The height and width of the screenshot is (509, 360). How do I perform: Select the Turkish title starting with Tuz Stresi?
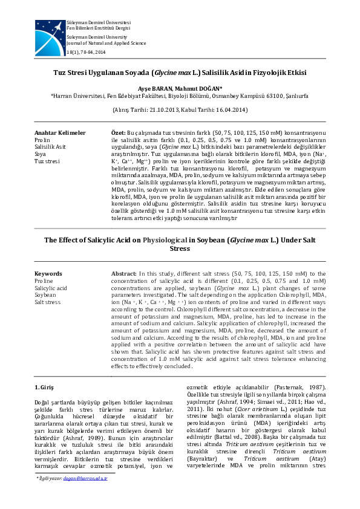(x=180, y=73)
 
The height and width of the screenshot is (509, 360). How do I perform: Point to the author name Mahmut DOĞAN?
(x=201, y=88)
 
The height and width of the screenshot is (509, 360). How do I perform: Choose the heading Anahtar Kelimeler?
(x=60, y=132)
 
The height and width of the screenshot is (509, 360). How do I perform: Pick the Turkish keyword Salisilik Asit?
(x=50, y=147)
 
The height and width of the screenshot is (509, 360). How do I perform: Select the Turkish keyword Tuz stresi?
(x=47, y=161)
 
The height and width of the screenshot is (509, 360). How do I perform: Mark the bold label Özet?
(x=119, y=132)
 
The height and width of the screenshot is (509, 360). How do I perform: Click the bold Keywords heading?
(x=48, y=274)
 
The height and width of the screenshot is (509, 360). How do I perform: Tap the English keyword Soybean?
(x=46, y=295)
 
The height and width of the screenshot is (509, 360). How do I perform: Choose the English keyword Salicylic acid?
(x=51, y=288)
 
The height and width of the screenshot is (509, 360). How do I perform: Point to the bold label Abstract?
(x=125, y=274)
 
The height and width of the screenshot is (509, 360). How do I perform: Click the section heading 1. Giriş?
(x=46, y=386)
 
